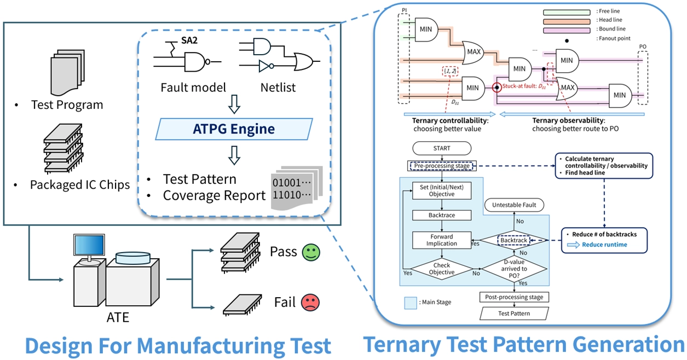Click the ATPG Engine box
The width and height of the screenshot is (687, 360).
[234, 129]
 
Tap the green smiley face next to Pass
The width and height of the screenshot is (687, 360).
[311, 252]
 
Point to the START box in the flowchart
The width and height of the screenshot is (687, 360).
[441, 148]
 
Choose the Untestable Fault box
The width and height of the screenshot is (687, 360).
[513, 205]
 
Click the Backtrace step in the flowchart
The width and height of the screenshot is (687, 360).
[441, 216]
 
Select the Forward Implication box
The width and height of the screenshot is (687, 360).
[441, 240]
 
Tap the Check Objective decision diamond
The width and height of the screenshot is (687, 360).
[441, 269]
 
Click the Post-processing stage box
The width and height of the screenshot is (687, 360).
[513, 297]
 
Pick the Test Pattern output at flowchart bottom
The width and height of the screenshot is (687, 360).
[513, 313]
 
